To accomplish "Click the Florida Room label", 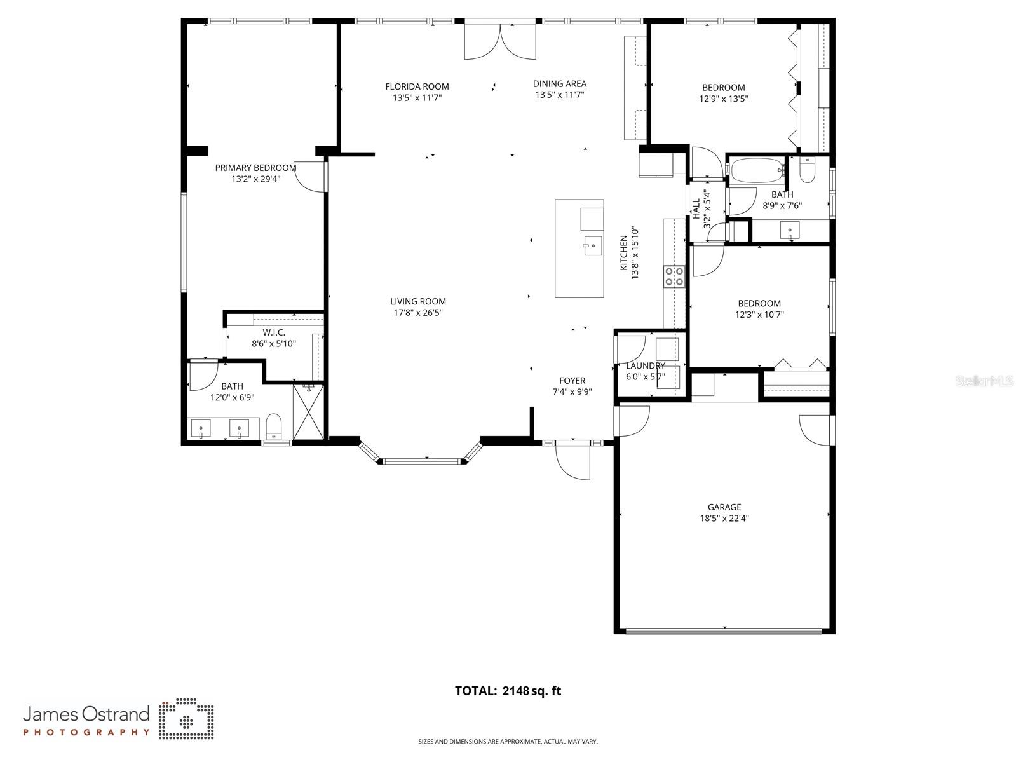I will pos(417,86).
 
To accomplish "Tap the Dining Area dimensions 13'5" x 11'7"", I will pos(559,95).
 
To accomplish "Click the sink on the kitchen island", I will pos(592,245).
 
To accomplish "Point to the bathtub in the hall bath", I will pos(755,170).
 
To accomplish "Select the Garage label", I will pos(724,507).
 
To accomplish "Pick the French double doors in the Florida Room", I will pos(500,41).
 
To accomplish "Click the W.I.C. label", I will pos(274,332).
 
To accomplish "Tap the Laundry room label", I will pos(646,365).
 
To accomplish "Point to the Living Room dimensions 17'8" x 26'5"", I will pos(417,313).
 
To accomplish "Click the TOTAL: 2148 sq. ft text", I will pos(508,691).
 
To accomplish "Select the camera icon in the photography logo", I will pos(186,721).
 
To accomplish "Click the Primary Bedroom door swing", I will pos(311,177).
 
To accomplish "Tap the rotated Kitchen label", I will pos(624,252).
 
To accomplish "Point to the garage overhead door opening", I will pos(724,630).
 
